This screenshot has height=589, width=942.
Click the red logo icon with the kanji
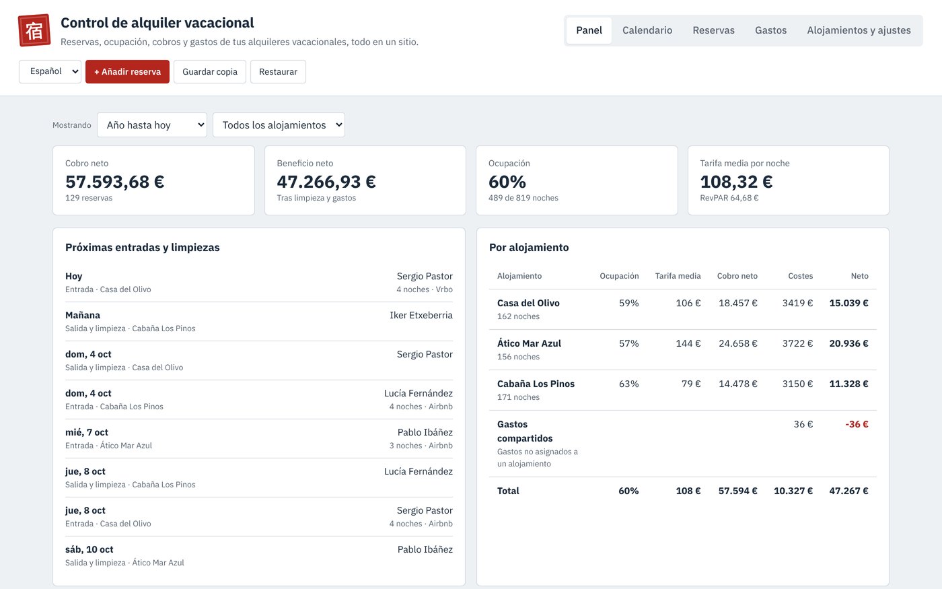(x=34, y=30)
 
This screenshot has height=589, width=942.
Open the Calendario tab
(x=647, y=30)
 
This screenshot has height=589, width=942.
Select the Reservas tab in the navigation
(x=713, y=30)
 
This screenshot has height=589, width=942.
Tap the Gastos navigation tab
(x=770, y=30)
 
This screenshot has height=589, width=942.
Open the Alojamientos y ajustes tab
(x=859, y=30)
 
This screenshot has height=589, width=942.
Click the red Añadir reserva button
(x=127, y=71)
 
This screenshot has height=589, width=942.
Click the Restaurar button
(x=278, y=71)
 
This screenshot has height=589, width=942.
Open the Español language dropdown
(x=50, y=71)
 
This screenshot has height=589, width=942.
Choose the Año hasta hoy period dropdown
(x=152, y=125)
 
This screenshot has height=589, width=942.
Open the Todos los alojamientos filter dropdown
(x=279, y=125)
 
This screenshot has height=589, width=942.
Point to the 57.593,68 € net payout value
(x=115, y=182)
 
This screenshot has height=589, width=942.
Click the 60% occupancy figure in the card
(x=507, y=182)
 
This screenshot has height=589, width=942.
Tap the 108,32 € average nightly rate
(x=736, y=182)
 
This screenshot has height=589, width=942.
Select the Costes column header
(x=800, y=276)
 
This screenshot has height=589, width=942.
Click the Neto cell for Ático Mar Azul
(x=848, y=343)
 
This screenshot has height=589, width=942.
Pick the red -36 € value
(x=857, y=424)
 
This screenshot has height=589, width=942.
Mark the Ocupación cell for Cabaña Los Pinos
(x=628, y=384)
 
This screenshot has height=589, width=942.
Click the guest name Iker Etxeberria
(x=421, y=315)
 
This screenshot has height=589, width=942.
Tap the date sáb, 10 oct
(x=89, y=549)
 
